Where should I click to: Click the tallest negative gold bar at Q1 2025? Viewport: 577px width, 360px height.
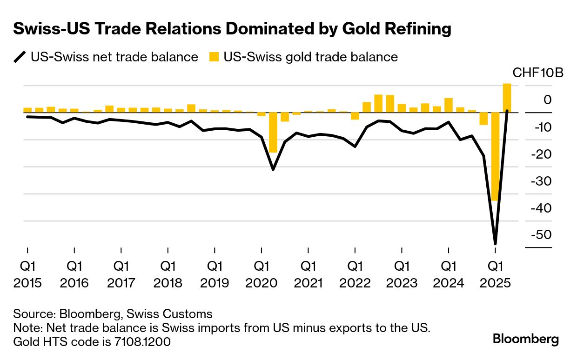click(x=495, y=156)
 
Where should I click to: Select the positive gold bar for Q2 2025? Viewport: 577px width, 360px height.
click(x=507, y=98)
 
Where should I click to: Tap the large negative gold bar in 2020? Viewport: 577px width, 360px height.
click(x=273, y=132)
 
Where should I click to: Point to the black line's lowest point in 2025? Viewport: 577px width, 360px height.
click(x=495, y=243)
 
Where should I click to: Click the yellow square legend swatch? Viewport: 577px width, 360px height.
click(x=214, y=57)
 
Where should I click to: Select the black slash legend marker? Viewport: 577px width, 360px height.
click(x=20, y=57)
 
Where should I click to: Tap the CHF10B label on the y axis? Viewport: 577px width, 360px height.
click(x=537, y=73)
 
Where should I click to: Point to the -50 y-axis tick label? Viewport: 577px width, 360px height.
click(x=542, y=234)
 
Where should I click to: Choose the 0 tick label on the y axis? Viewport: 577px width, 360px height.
click(x=547, y=100)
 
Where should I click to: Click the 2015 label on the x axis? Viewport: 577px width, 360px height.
click(x=27, y=283)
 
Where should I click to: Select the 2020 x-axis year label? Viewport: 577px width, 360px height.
click(x=261, y=283)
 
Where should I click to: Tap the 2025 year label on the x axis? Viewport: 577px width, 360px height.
click(x=495, y=283)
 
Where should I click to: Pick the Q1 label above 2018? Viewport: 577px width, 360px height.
click(x=168, y=267)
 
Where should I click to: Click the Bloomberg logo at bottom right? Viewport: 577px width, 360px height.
click(x=526, y=339)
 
